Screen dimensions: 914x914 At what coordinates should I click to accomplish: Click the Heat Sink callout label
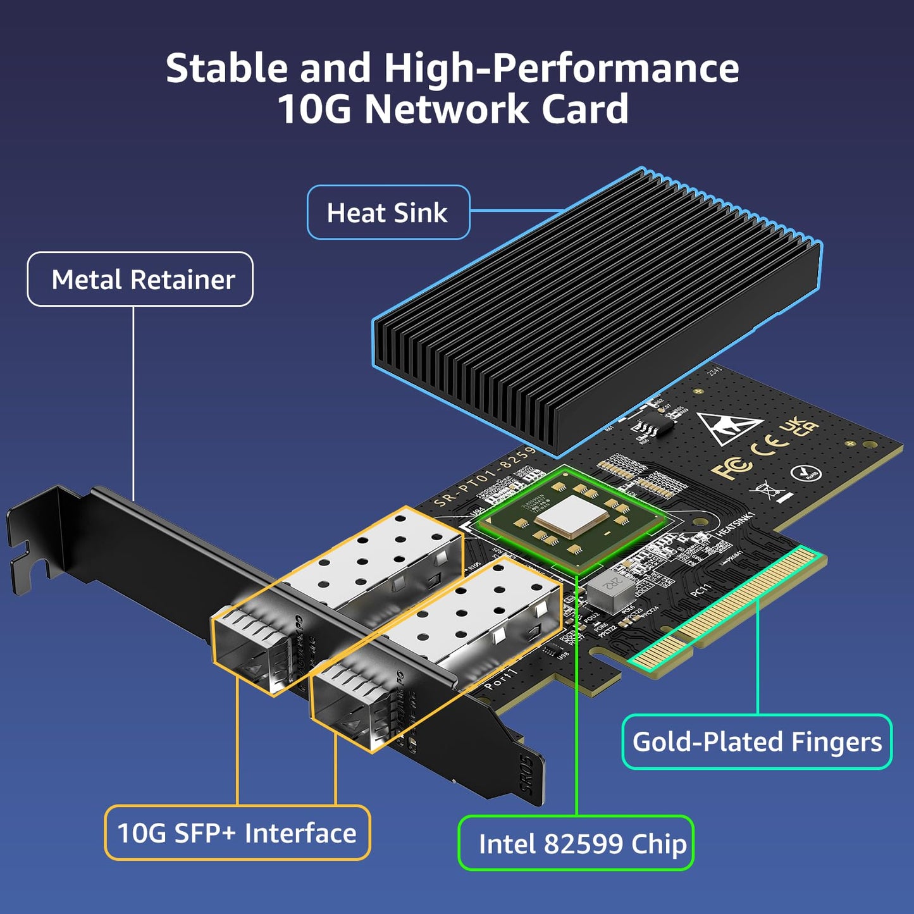(x=388, y=213)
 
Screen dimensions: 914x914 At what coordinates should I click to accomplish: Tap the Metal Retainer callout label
(x=140, y=280)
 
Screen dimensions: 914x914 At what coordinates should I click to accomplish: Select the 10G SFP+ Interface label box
(x=237, y=833)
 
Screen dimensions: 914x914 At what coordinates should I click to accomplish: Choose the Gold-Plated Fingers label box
(x=757, y=742)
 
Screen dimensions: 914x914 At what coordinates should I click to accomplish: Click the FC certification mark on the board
(x=731, y=468)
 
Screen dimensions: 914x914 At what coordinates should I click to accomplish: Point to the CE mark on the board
(x=767, y=447)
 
